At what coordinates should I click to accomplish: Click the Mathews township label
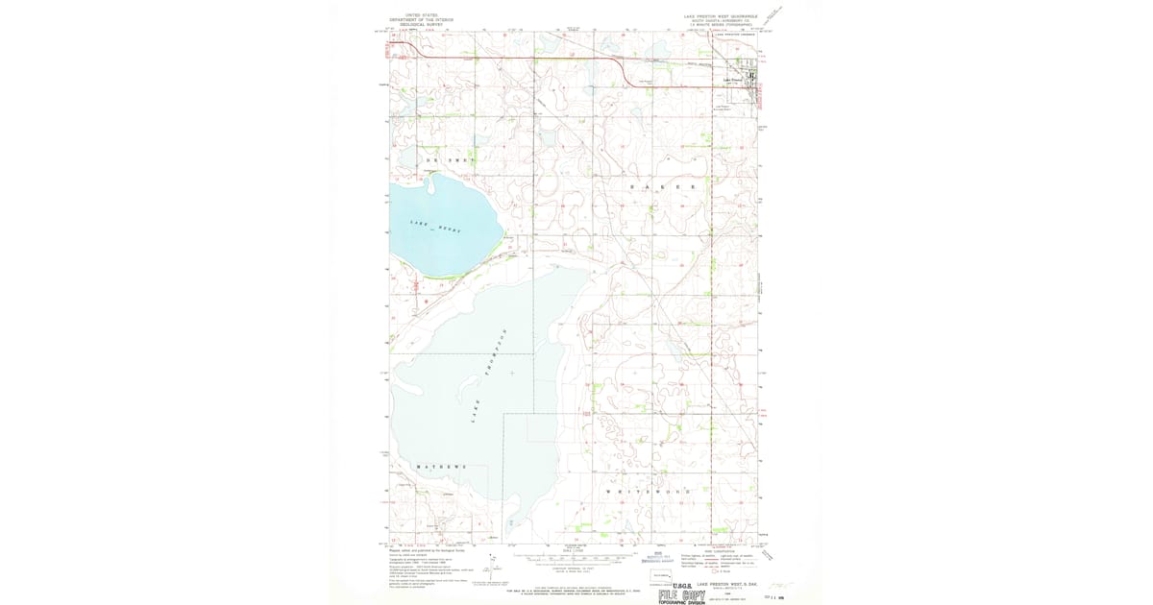coord(441,466)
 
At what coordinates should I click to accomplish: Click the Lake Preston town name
coord(734,80)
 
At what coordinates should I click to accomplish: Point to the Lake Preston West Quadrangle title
coord(720,17)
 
